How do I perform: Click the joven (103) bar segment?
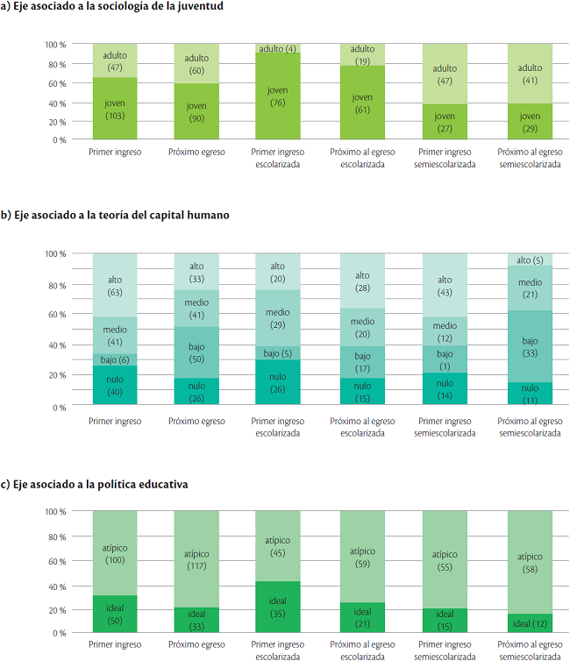pos(114,109)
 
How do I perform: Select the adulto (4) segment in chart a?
pos(277,48)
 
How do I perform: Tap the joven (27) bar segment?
pos(445,122)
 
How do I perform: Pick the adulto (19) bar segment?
pos(362,54)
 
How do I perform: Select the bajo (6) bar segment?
pos(114,359)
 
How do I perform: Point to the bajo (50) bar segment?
pos(196,353)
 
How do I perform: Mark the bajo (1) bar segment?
pos(445,359)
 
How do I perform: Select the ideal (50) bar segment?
pos(114,615)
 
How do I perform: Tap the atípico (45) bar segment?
pos(277,546)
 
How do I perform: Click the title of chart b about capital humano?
pos(116,215)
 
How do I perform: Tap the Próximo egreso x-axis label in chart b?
pos(196,421)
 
